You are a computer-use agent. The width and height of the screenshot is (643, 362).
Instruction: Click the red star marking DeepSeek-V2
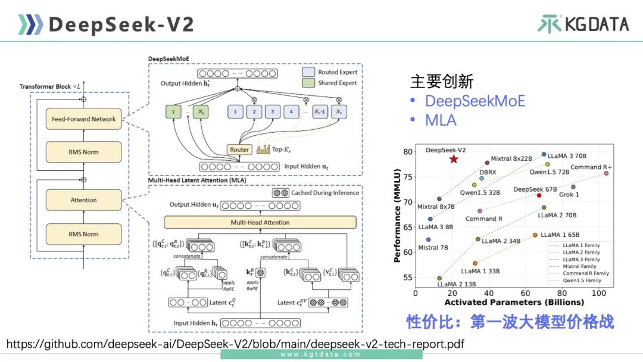[454, 159]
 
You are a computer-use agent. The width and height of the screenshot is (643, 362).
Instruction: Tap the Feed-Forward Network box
[83, 119]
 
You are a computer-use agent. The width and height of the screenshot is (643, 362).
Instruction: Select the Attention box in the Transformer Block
[83, 200]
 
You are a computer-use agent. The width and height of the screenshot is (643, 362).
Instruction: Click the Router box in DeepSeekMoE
[239, 150]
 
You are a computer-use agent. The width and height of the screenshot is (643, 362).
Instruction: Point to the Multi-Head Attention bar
[260, 223]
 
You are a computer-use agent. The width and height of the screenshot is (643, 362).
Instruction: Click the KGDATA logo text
[597, 24]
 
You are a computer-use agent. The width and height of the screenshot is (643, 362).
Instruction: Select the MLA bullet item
[441, 120]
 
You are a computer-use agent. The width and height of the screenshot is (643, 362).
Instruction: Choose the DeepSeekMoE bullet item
[475, 101]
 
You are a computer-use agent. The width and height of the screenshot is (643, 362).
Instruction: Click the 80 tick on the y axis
[408, 152]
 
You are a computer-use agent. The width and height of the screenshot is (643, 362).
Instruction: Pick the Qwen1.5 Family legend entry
[583, 280]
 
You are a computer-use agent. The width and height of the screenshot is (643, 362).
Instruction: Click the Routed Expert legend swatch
[308, 72]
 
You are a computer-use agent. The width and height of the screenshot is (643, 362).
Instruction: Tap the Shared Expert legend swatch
[308, 83]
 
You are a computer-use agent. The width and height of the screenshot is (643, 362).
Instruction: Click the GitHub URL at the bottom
[235, 344]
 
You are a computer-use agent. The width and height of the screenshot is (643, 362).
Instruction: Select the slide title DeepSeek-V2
[121, 24]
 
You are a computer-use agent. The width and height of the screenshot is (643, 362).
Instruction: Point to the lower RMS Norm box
[83, 234]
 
